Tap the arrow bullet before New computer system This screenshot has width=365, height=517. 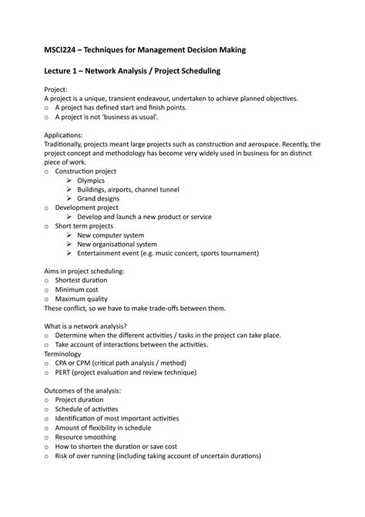[x=69, y=235]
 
